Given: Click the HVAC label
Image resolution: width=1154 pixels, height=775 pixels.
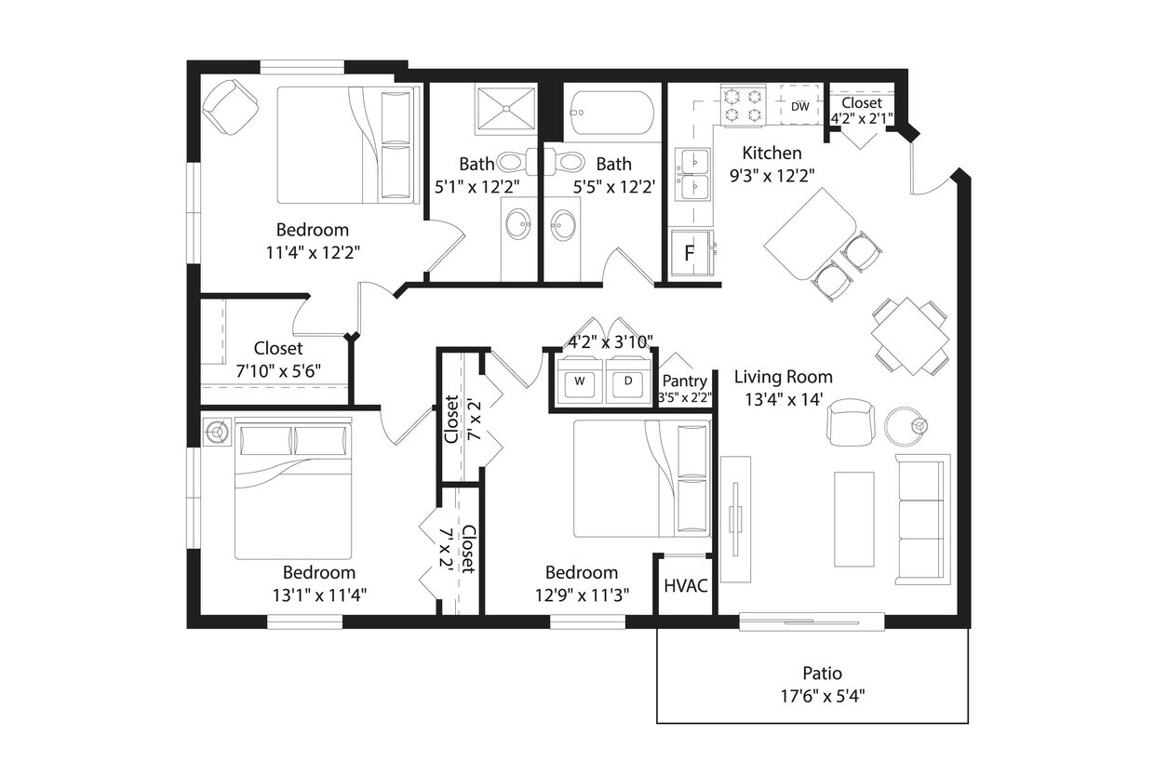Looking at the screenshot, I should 686,586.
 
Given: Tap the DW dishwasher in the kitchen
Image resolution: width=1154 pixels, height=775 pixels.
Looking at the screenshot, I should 799,106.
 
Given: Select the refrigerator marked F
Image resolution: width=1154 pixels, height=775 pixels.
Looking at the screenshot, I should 691,253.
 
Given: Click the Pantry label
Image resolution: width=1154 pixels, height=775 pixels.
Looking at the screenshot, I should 684,381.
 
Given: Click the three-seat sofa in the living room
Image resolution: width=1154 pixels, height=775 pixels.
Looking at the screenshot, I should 922,519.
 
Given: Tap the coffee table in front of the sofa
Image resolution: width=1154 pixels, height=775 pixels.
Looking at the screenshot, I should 853,519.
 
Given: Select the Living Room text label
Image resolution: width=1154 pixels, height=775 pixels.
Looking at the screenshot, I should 783,377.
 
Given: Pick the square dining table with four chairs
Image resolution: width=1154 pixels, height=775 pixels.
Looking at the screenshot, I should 909,336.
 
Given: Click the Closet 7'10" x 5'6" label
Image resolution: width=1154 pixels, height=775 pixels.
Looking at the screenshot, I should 277,348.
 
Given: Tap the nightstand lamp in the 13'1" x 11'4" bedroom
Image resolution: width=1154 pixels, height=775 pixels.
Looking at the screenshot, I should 218,432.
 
